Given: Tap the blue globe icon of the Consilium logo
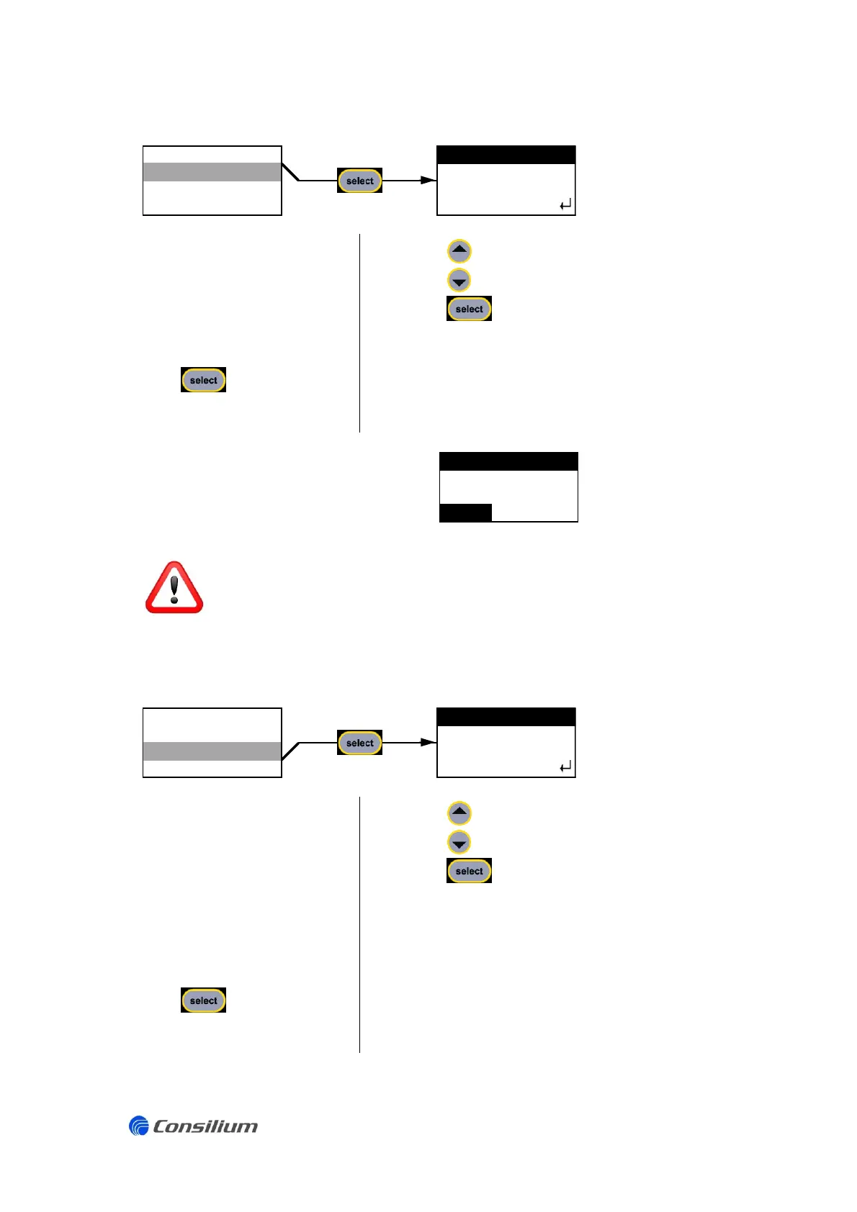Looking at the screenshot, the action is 138,1126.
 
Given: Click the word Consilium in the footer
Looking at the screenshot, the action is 205,1126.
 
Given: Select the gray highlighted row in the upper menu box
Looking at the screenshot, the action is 212,171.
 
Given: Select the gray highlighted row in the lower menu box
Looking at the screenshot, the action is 212,751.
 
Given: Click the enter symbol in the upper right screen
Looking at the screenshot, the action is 565,205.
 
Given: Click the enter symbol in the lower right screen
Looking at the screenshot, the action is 565,767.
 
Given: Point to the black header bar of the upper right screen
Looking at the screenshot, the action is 506,155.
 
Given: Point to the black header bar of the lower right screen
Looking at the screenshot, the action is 506,717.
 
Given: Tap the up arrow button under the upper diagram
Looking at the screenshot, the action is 459,251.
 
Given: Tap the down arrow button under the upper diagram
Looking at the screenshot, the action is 459,280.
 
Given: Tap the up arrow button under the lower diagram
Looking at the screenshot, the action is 459,813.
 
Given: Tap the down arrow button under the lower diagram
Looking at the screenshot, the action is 459,842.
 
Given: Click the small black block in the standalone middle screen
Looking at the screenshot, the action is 465,512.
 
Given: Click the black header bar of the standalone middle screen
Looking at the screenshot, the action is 508,461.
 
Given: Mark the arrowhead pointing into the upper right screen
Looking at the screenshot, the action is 428,180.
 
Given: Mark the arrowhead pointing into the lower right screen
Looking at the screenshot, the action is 428,742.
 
